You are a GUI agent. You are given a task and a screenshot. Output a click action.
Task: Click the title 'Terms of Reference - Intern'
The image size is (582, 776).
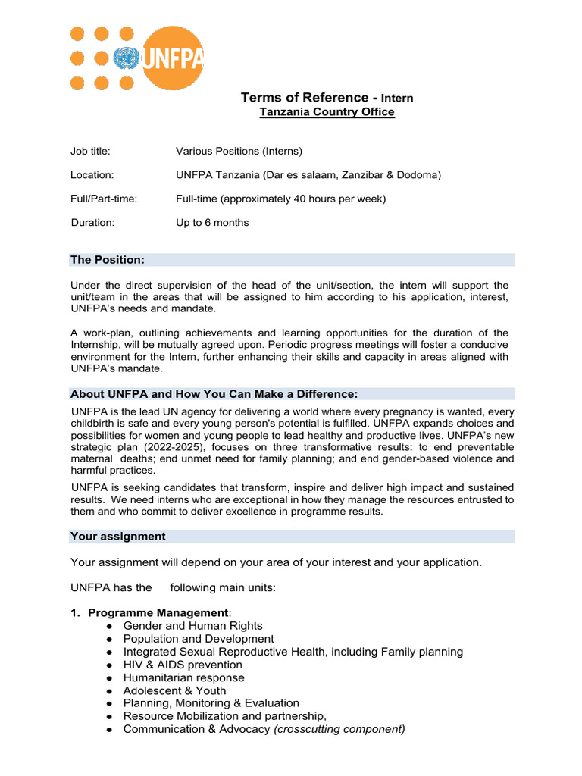[x=327, y=98]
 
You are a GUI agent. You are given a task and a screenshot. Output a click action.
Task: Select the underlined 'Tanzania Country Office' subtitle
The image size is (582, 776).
[x=327, y=112]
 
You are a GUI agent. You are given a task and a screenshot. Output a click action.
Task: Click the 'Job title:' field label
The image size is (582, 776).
[x=90, y=151]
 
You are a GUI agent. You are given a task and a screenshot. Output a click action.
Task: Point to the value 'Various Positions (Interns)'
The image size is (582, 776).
[x=239, y=151]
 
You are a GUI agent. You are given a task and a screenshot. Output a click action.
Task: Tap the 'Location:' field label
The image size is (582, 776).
[x=92, y=175]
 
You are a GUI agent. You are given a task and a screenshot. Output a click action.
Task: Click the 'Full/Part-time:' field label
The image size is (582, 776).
[x=104, y=199]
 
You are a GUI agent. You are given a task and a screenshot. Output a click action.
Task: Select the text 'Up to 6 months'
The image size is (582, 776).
[x=212, y=223]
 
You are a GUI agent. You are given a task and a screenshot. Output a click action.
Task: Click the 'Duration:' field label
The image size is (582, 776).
[x=92, y=223]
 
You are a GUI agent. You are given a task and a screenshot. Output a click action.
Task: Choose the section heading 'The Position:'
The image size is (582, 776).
[x=107, y=260]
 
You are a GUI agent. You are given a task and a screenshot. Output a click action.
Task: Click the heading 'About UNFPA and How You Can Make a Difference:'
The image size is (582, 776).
[x=214, y=394]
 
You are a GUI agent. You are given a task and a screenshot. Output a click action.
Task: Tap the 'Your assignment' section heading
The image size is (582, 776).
[x=117, y=537]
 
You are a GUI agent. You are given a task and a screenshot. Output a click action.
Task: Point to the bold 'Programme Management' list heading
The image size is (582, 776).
[x=158, y=612]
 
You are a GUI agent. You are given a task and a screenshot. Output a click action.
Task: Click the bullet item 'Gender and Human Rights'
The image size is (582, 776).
[x=192, y=626]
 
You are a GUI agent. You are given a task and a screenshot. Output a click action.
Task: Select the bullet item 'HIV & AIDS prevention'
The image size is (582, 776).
[x=183, y=665]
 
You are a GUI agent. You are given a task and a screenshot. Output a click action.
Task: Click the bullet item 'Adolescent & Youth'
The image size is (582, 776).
[x=174, y=690]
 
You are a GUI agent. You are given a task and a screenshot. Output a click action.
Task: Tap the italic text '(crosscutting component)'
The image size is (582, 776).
[x=339, y=729]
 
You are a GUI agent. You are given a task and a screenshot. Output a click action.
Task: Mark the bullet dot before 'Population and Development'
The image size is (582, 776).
[x=110, y=640]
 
